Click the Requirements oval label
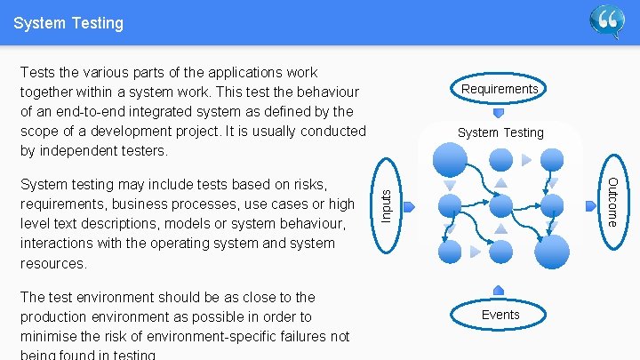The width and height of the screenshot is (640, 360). [x=500, y=89]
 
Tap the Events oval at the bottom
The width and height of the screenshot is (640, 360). [x=500, y=315]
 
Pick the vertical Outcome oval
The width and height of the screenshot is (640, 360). [x=612, y=201]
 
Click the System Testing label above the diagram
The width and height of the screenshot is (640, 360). [x=500, y=132]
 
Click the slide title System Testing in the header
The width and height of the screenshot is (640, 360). [x=68, y=23]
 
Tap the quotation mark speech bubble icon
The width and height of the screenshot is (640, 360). [x=607, y=21]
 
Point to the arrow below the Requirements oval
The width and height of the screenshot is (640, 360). [x=499, y=113]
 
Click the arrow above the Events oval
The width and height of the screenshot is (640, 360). [x=499, y=290]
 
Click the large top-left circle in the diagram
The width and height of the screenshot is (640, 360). [x=450, y=160]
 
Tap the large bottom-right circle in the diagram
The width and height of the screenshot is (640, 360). [x=552, y=252]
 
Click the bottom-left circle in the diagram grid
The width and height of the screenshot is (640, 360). [x=451, y=252]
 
